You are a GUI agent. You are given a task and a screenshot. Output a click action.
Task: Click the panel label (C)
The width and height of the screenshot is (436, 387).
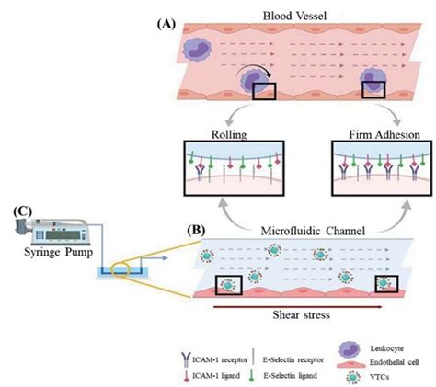20,211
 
